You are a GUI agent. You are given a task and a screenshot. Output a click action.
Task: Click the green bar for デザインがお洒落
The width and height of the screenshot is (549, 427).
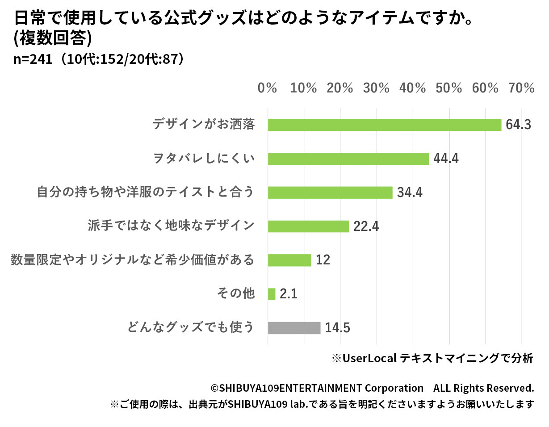[x=384, y=125]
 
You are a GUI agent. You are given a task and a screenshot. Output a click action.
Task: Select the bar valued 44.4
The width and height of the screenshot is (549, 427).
[x=348, y=159]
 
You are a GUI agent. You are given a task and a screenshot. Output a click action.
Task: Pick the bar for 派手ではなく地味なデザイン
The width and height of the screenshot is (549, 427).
[x=308, y=226]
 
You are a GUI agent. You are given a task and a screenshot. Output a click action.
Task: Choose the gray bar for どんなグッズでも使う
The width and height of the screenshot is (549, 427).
[x=294, y=328]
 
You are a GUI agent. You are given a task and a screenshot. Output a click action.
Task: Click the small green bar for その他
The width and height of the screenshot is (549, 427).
[x=272, y=294]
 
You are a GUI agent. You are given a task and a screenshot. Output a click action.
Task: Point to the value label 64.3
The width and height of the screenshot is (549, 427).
[x=518, y=125]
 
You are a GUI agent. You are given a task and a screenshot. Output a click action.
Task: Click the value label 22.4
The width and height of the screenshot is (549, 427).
[x=366, y=226]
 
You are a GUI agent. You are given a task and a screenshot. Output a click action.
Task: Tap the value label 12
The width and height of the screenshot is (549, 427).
[x=323, y=260]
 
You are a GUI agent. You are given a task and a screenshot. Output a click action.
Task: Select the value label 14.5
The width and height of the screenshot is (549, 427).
[x=337, y=328]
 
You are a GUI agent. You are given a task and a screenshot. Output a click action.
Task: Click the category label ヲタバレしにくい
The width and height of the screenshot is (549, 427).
[x=203, y=159]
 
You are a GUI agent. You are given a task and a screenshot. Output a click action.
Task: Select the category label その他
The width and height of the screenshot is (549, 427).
[x=235, y=294]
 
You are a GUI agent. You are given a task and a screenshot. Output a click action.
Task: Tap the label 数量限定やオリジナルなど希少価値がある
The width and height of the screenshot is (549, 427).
[x=132, y=260]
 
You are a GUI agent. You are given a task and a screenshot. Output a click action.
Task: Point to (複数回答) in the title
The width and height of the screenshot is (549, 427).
[x=53, y=39]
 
